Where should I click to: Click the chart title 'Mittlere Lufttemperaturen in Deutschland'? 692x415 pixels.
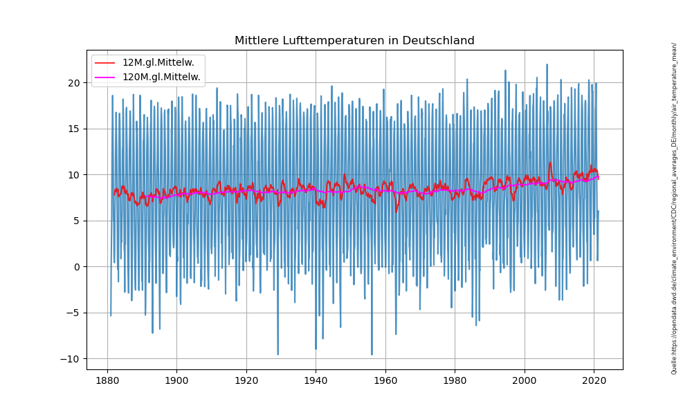tap(354, 41)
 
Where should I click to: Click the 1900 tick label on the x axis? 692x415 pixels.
tap(176, 381)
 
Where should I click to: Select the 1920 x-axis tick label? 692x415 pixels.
tap(246, 381)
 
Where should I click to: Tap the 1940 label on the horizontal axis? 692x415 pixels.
tap(316, 381)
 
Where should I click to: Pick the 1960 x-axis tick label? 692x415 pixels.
tap(385, 381)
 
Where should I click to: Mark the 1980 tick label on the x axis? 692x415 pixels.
tap(455, 381)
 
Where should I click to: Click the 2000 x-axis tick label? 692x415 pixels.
tap(525, 381)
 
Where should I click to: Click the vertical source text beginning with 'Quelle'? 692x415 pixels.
tap(674, 207)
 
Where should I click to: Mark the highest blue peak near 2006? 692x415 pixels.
tap(547, 65)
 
